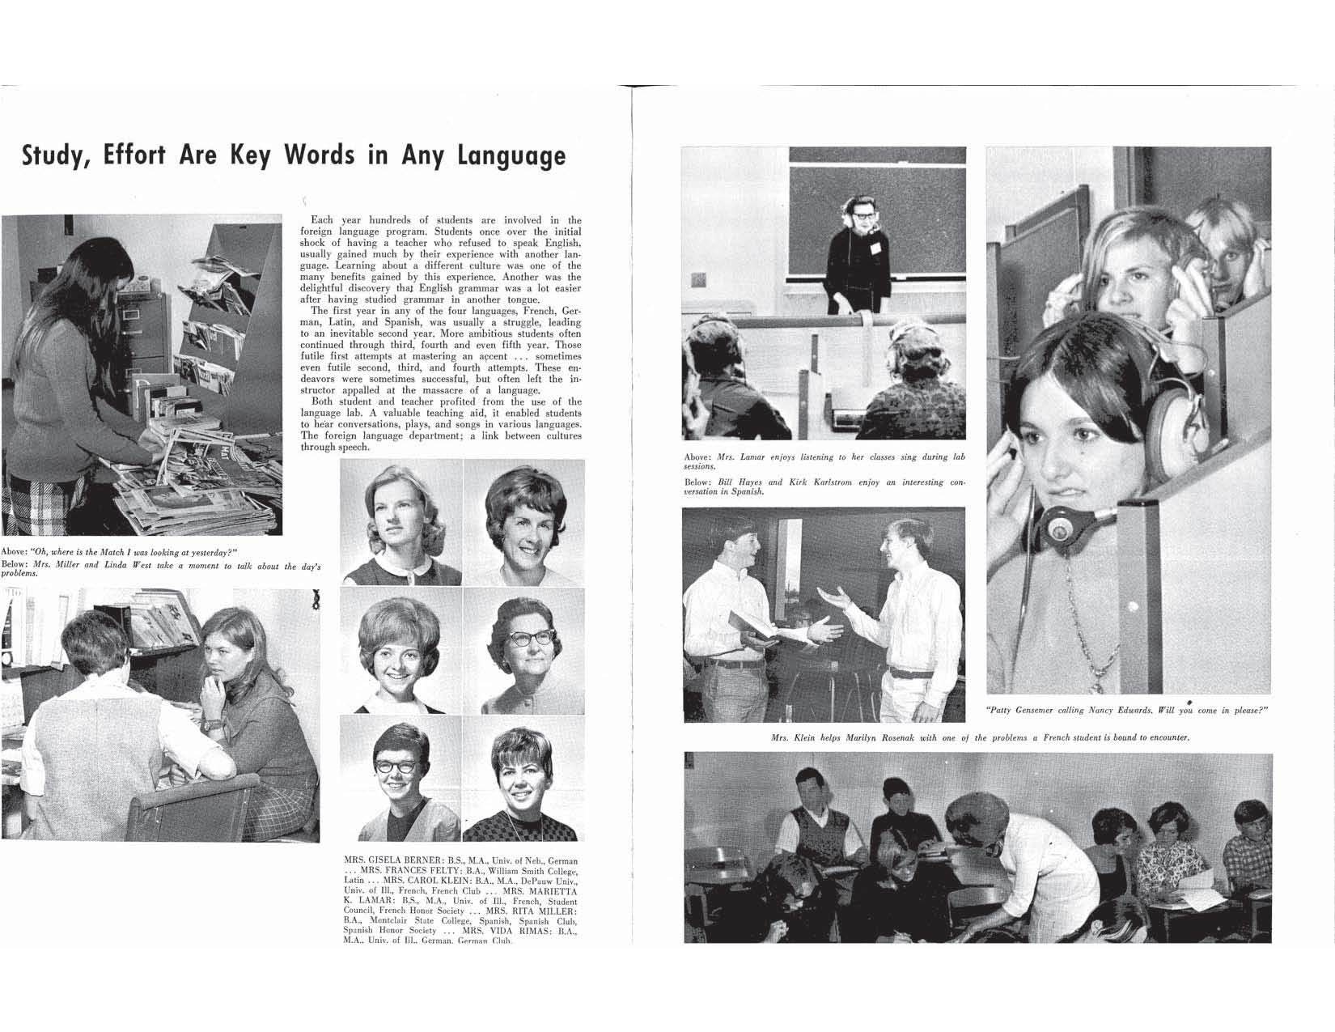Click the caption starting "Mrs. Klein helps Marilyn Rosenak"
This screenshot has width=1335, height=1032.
979,737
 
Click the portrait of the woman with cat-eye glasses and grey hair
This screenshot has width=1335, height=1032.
523,652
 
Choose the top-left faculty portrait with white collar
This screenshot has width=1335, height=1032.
401,522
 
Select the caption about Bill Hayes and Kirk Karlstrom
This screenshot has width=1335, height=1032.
824,486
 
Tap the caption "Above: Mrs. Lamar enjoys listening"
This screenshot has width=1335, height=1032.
824,461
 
